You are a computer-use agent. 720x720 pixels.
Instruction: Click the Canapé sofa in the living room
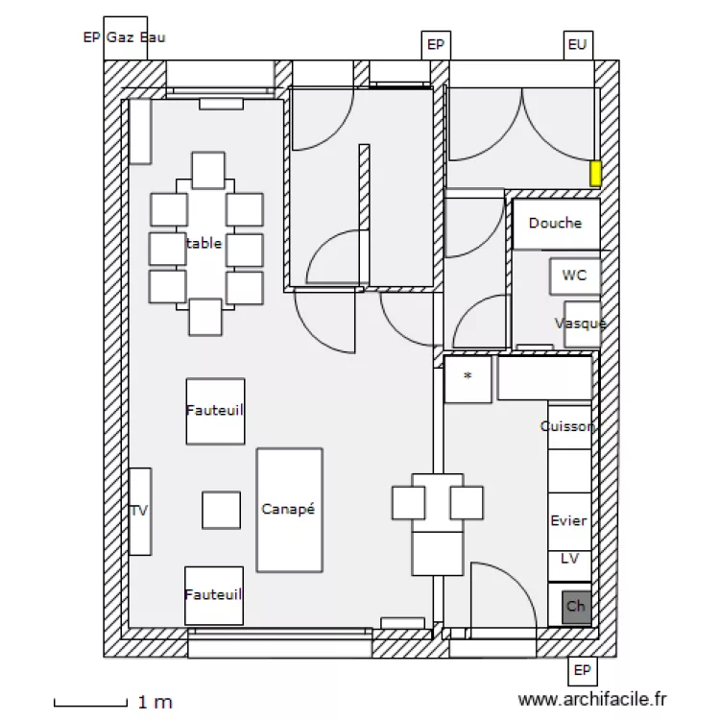[x=289, y=510]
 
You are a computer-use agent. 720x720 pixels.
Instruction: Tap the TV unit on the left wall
[x=140, y=511]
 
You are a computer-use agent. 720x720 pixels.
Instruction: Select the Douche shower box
[x=555, y=224]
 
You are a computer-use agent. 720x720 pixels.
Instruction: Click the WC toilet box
[x=575, y=276]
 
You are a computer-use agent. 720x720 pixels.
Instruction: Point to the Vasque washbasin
[x=581, y=324]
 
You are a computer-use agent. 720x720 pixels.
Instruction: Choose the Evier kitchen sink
[x=568, y=521]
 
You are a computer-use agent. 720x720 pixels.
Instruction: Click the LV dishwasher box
[x=568, y=559]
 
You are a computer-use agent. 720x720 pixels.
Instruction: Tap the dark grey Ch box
[x=576, y=607]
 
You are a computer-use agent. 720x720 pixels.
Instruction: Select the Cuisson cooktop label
[x=567, y=426]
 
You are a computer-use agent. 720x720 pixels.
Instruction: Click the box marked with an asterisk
[x=468, y=378]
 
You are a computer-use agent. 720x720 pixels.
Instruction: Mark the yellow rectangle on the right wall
[x=595, y=174]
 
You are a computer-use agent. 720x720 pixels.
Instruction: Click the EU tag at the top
[x=577, y=45]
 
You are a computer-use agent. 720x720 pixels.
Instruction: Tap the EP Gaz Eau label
[x=124, y=37]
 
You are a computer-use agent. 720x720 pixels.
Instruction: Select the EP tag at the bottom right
[x=581, y=670]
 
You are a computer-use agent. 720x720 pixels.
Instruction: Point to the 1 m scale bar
[x=90, y=704]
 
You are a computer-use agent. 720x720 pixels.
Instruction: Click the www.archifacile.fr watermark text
[x=591, y=702]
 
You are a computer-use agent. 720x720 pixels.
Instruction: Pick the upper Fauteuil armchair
[x=215, y=411]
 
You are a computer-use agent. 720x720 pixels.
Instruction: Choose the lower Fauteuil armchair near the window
[x=214, y=595]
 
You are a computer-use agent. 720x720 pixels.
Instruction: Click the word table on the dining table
[x=204, y=244]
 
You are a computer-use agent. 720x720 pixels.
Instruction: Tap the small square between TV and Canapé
[x=221, y=510]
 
